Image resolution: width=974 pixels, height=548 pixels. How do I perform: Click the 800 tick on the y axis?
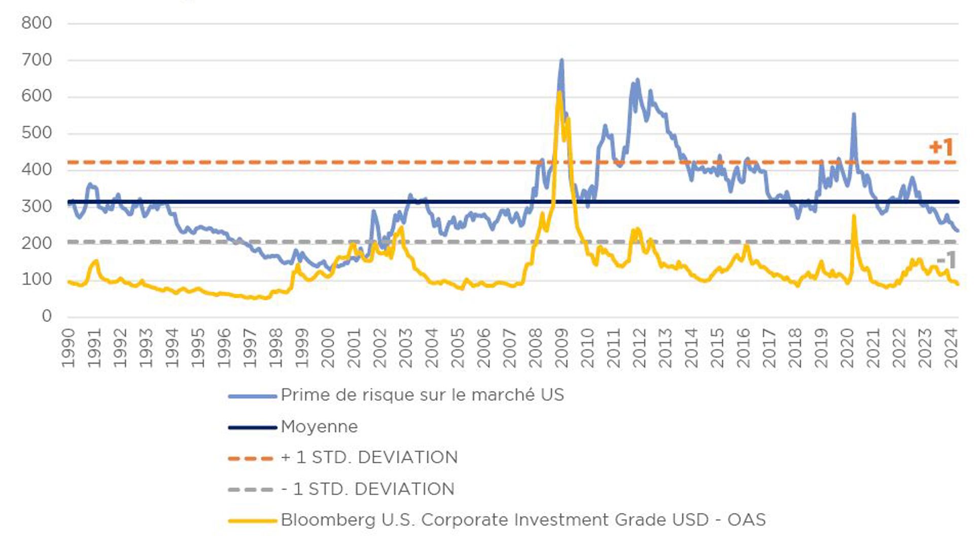(37, 23)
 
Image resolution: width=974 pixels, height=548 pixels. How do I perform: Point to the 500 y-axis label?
(37, 133)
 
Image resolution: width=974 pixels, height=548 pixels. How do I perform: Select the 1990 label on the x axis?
(68, 348)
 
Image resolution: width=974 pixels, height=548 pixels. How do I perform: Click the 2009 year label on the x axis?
(561, 348)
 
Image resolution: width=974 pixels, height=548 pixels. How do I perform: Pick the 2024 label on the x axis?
(951, 348)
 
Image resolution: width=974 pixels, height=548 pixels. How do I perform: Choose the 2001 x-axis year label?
(354, 348)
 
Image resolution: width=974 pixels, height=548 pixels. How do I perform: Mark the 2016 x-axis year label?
(743, 348)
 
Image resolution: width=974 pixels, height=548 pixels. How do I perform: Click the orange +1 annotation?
(941, 147)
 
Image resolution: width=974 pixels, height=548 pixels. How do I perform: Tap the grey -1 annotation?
(946, 260)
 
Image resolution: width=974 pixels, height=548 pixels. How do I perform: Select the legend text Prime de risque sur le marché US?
(422, 395)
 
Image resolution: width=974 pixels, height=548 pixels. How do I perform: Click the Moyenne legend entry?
(319, 427)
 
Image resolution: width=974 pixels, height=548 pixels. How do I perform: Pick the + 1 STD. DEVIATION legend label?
(369, 458)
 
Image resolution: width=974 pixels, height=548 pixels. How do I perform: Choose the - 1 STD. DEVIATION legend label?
(368, 489)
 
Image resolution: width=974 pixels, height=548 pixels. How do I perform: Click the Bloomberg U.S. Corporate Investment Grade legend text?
(523, 520)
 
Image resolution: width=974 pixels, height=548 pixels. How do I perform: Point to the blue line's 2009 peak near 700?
(562, 60)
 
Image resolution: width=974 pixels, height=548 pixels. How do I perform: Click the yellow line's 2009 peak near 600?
(560, 92)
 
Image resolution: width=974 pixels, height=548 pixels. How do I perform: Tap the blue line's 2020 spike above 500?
(854, 114)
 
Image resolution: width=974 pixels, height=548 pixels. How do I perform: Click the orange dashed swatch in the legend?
(252, 458)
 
